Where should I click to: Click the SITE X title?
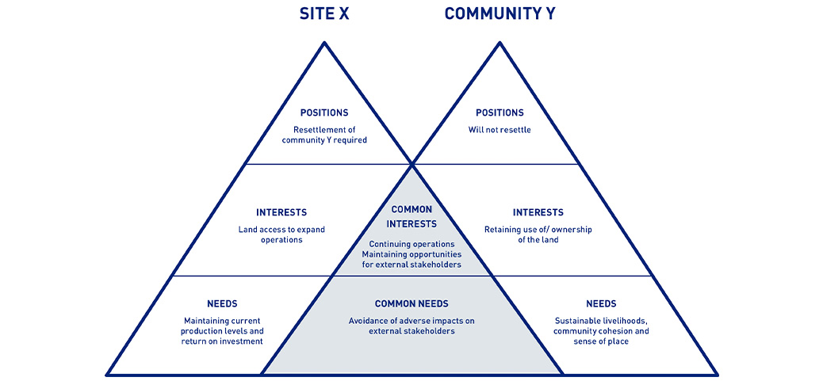coord(324,14)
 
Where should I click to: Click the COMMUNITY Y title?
coord(500,14)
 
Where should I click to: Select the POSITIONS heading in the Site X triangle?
coord(324,112)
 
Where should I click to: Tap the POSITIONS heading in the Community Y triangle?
coord(500,112)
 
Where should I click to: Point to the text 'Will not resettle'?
coord(500,129)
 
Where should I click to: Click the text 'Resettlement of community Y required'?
coord(324,135)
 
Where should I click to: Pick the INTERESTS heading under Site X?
coord(281,212)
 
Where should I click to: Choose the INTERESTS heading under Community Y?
coord(538,212)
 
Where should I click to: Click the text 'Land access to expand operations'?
coord(281,234)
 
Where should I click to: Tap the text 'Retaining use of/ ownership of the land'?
coord(538,234)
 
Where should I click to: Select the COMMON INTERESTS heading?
coord(411,216)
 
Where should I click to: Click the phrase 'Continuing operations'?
coord(411,243)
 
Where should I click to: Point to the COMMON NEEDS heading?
coord(411,303)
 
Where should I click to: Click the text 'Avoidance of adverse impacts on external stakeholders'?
coord(411,326)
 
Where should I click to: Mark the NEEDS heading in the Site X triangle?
coord(222,303)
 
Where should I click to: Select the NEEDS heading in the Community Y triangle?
coord(601,303)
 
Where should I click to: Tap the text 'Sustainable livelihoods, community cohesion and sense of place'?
coord(601,331)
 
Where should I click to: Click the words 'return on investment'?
coord(223,341)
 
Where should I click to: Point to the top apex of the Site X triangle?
coord(324,42)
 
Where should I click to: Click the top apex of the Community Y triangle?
coord(500,42)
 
